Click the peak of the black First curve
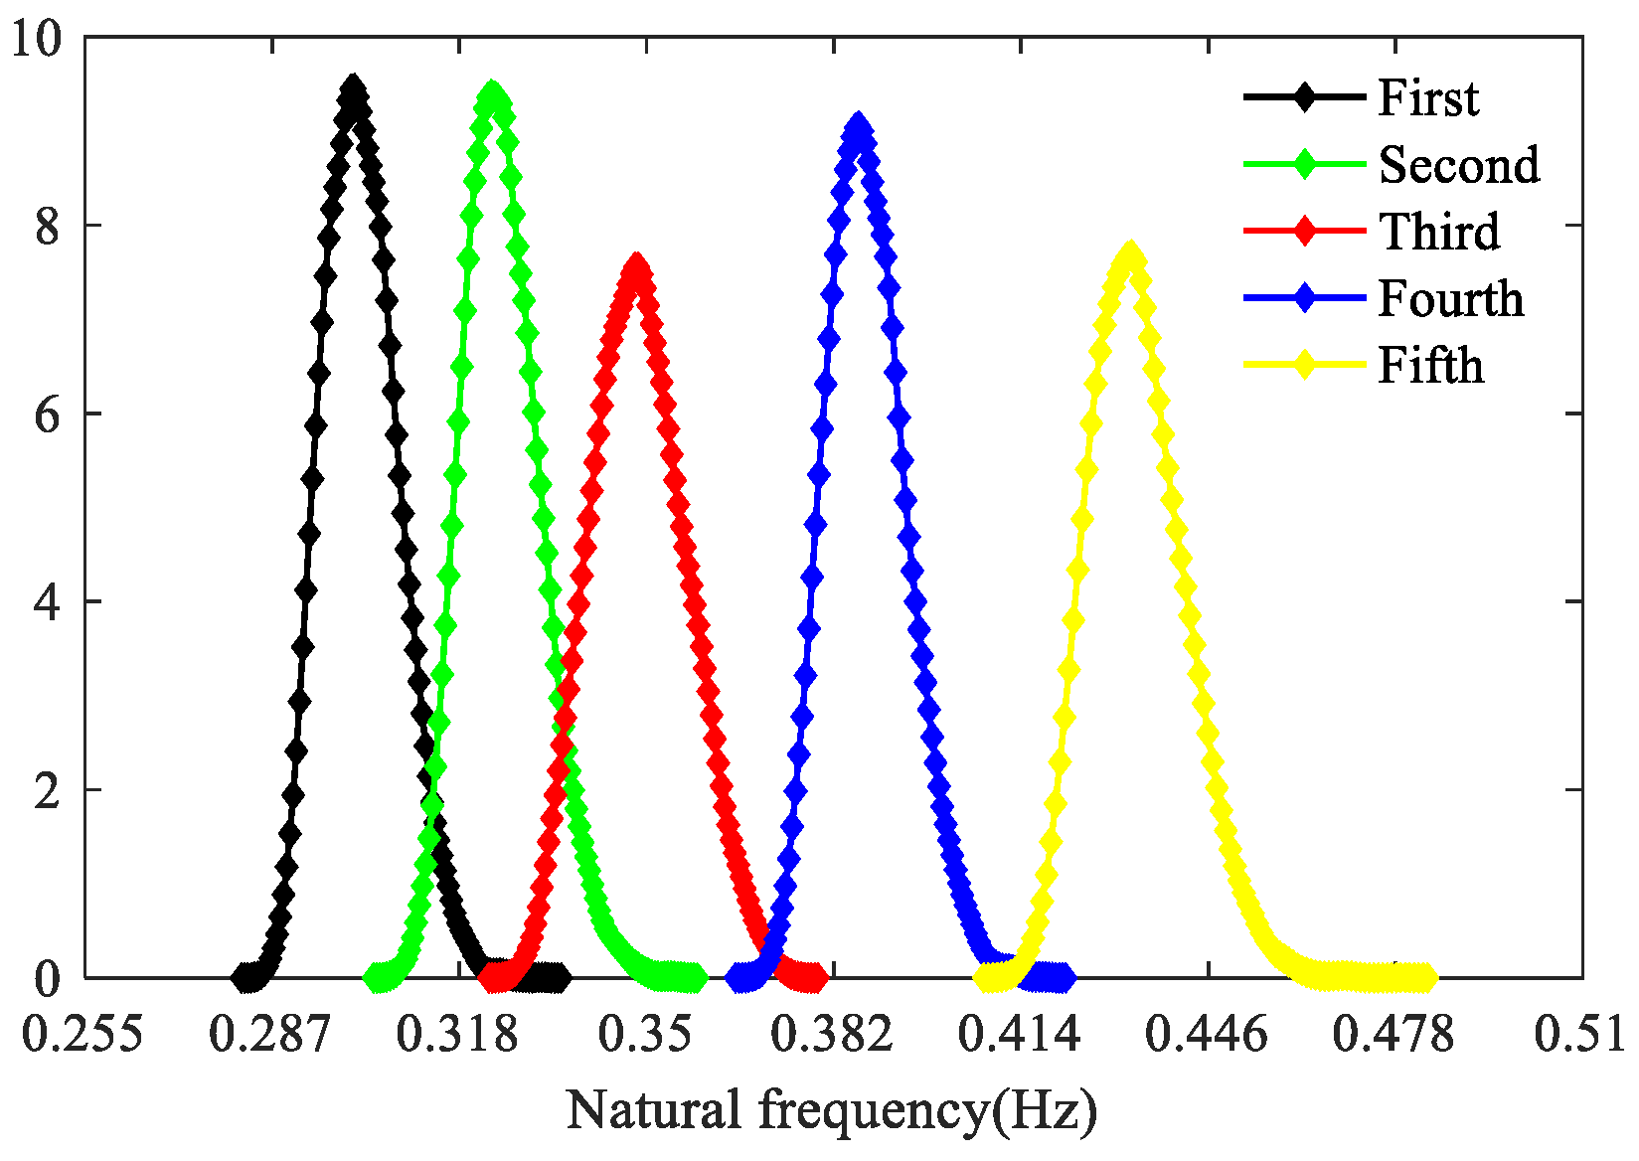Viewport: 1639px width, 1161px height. (352, 87)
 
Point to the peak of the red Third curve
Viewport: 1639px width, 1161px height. (636, 266)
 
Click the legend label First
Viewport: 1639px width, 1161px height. (1428, 98)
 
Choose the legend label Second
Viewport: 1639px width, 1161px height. (1459, 165)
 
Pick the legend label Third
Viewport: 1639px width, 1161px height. (1439, 232)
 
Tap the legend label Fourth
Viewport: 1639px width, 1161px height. (1450, 298)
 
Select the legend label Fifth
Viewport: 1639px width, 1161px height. (1430, 365)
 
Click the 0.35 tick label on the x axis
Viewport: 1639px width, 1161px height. (645, 1034)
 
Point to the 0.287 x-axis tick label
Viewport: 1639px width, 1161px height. (269, 1034)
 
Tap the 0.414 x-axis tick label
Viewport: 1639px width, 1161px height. (1019, 1034)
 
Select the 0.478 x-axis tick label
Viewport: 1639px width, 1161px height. (1393, 1034)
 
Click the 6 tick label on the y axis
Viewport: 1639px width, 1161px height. (47, 415)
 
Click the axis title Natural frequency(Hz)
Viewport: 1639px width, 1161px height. (832, 1110)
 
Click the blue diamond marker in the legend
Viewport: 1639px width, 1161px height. (1304, 298)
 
